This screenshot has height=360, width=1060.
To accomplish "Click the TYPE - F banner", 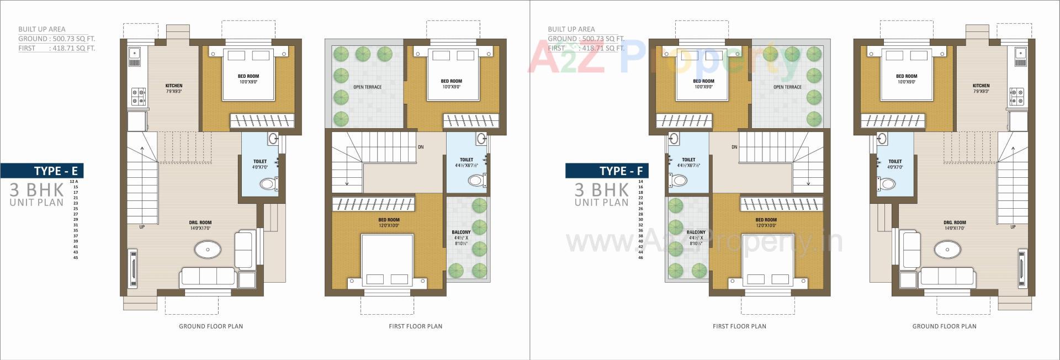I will [607, 171].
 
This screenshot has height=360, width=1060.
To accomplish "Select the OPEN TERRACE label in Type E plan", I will [368, 87].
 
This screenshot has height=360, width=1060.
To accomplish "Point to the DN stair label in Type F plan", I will [734, 147].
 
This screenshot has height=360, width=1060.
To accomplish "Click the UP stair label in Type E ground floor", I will [142, 227].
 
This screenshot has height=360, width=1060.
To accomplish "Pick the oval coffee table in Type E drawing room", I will [208, 250].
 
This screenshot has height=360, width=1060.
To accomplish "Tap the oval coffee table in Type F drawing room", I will [947, 250].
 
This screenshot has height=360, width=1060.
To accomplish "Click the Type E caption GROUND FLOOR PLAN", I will [211, 326].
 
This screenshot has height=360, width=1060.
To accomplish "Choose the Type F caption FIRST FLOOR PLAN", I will [739, 326].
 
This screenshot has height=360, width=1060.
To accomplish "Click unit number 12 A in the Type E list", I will [73, 182].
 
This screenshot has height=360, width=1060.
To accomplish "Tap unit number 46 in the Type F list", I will [641, 258].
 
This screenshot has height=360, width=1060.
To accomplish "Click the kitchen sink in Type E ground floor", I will [134, 54].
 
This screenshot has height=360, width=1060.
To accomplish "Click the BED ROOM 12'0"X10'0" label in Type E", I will [389, 223].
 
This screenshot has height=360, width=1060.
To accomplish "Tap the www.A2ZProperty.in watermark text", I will [704, 242].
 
